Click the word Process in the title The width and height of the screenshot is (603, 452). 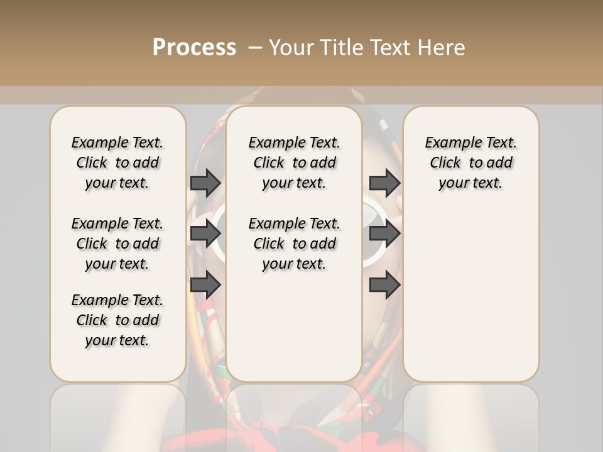[194, 48]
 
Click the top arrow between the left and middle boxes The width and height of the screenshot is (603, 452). [205, 183]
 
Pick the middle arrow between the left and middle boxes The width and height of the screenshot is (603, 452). [205, 234]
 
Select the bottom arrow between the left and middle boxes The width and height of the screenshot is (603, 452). [205, 284]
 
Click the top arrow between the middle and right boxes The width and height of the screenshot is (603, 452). [385, 183]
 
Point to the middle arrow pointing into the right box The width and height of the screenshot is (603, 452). [385, 234]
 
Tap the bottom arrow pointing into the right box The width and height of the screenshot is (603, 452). [385, 284]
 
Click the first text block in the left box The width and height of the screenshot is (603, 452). [117, 163]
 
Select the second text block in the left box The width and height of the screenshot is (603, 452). [117, 244]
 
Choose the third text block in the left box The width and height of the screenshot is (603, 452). [117, 320]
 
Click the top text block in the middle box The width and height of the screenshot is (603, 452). [294, 163]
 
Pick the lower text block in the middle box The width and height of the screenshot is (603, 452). [294, 244]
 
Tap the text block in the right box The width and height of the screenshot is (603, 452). [470, 163]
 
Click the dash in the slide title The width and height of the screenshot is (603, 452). [255, 48]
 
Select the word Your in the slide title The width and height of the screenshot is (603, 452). [288, 48]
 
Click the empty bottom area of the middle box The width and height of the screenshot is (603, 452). [294, 333]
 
